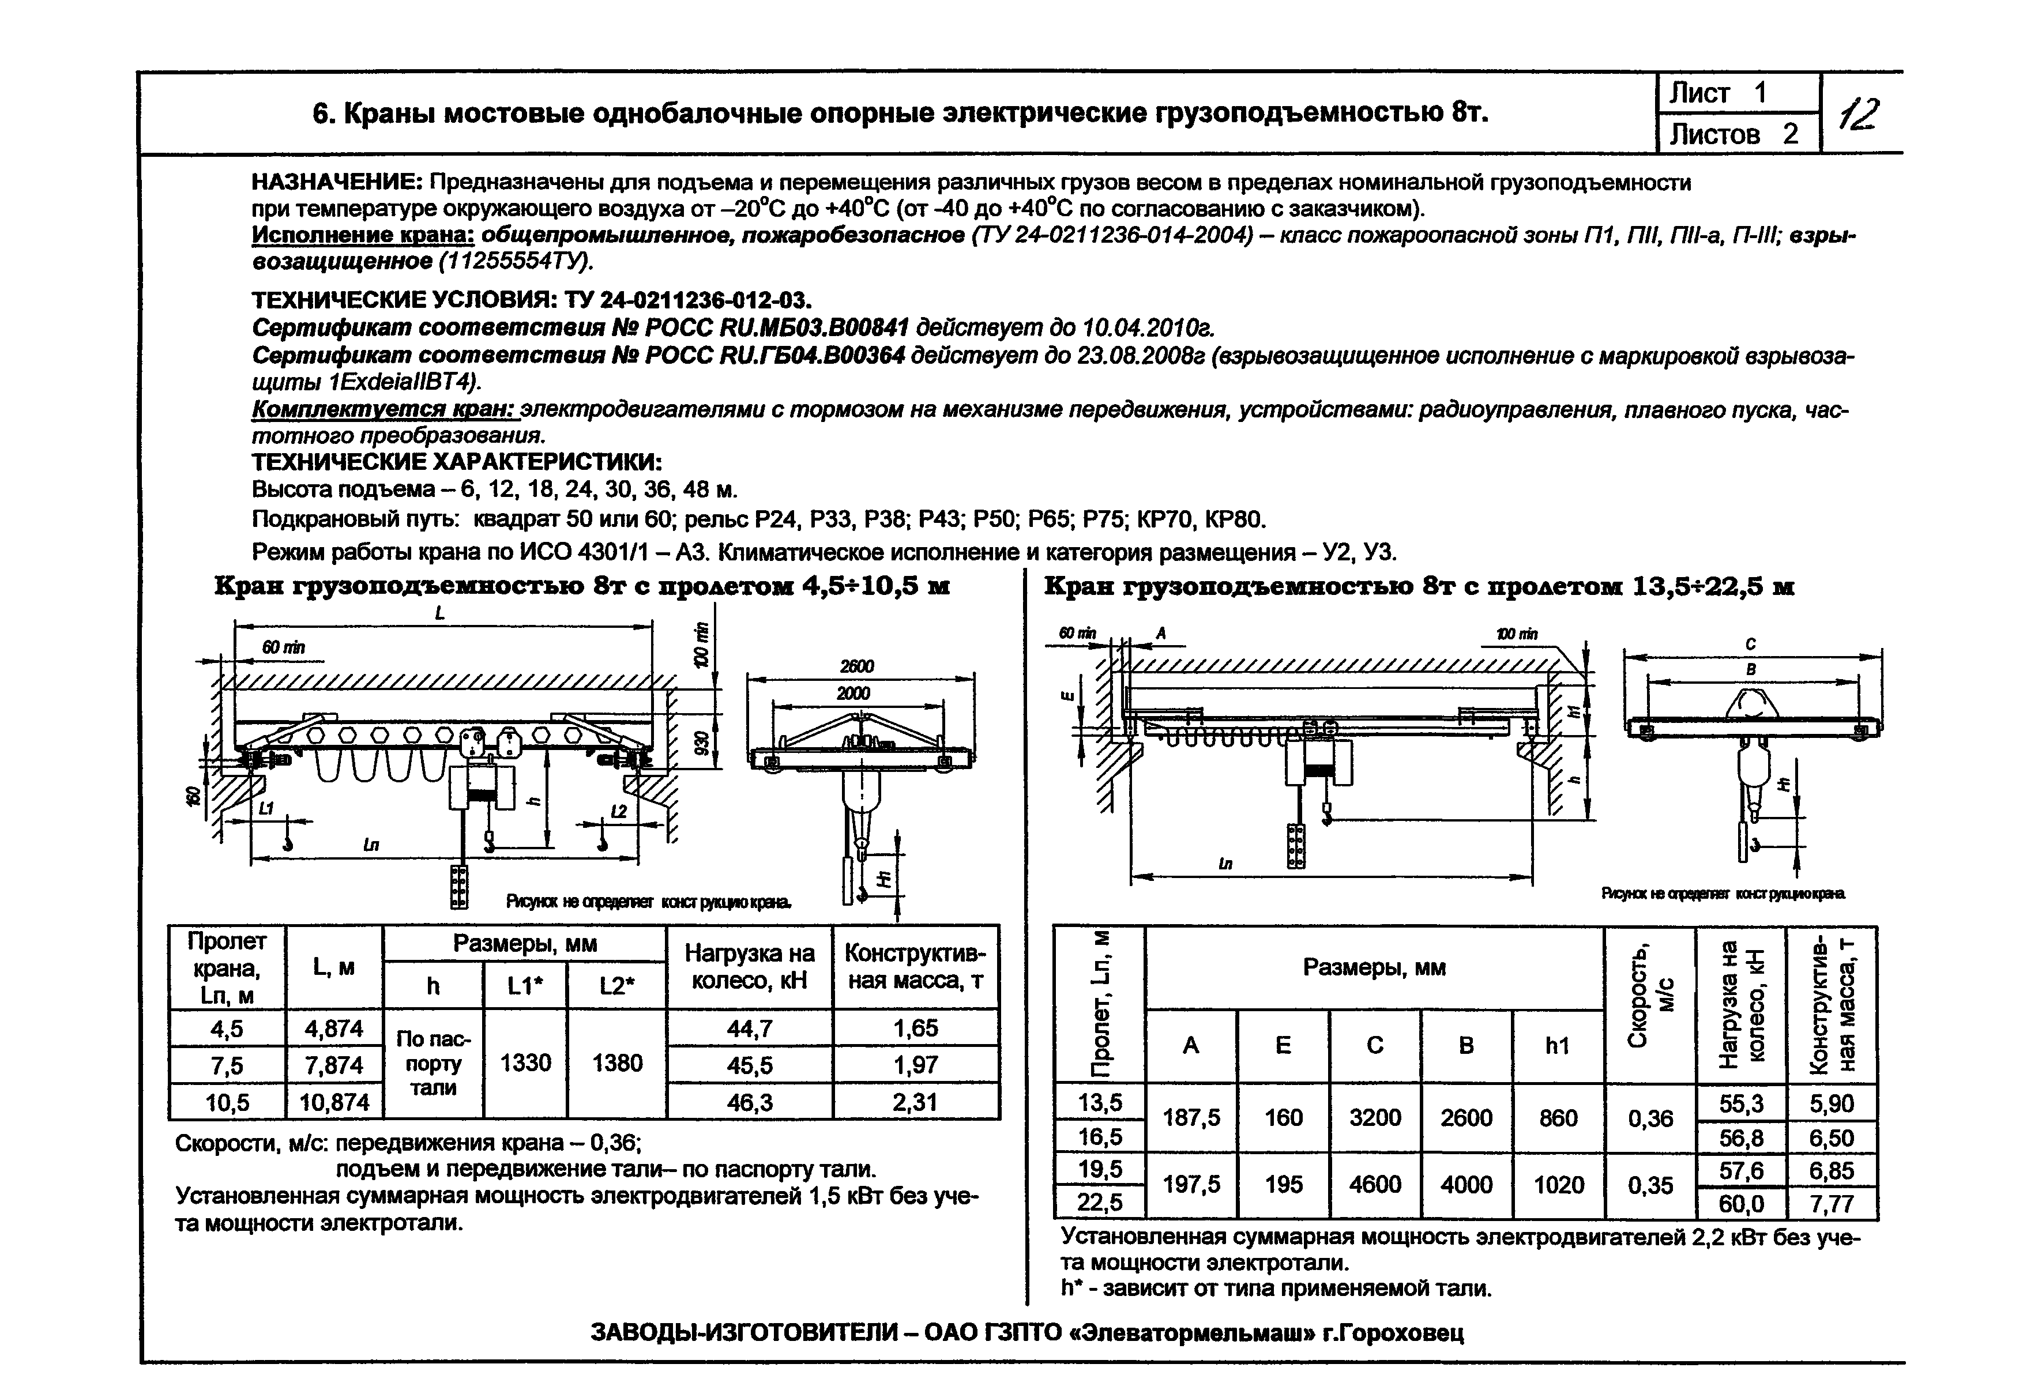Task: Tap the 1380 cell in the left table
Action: point(616,1063)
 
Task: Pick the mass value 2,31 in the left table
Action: point(915,1102)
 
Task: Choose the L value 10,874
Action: point(334,1102)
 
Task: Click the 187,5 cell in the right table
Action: point(1191,1118)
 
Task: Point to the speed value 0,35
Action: point(1650,1185)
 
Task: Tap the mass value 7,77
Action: point(1832,1204)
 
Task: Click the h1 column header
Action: point(1558,1046)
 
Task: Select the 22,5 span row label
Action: point(1100,1203)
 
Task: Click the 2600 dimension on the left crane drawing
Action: point(857,665)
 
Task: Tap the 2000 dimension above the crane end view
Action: point(853,692)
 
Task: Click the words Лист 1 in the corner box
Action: point(1718,93)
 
